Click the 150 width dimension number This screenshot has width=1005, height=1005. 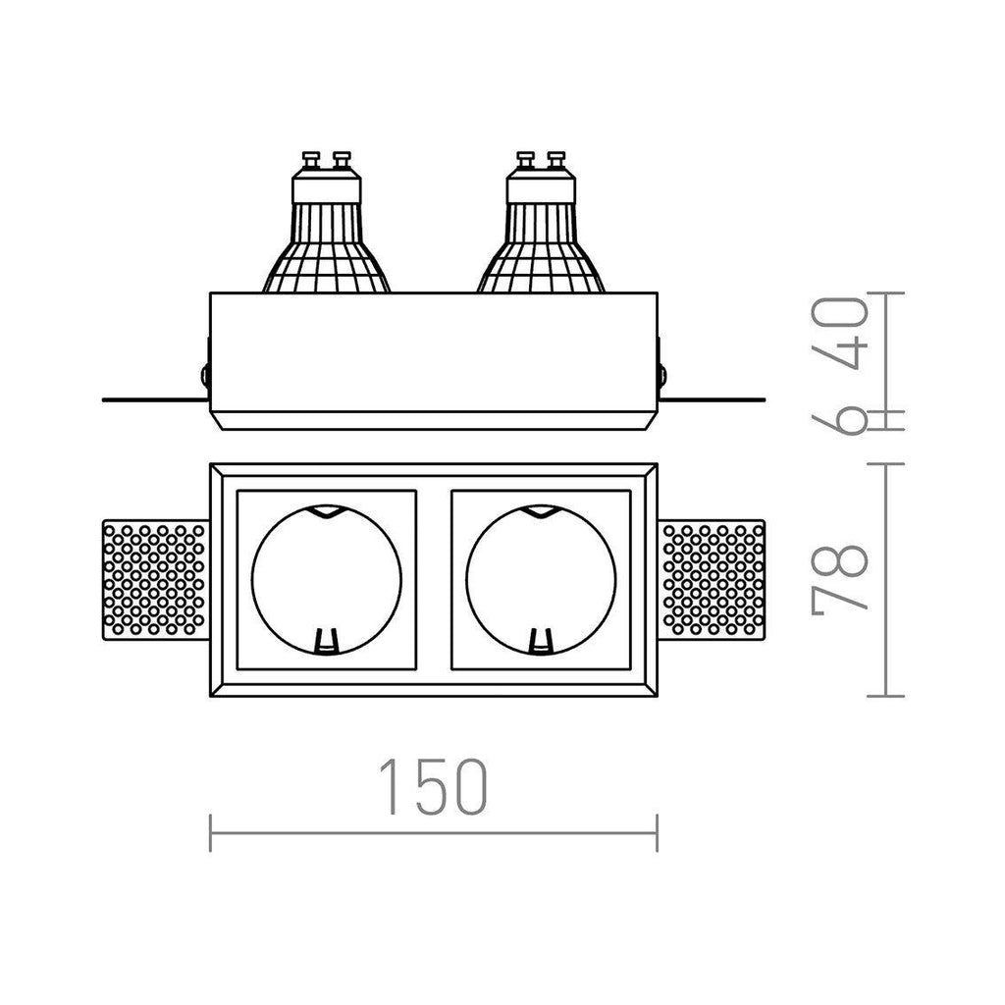[x=433, y=787]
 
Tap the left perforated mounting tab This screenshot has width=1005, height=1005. [x=156, y=580]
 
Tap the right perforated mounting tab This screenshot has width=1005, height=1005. [x=712, y=580]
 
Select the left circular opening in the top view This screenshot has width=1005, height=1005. [x=252, y=580]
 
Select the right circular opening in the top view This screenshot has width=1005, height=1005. [x=466, y=580]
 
